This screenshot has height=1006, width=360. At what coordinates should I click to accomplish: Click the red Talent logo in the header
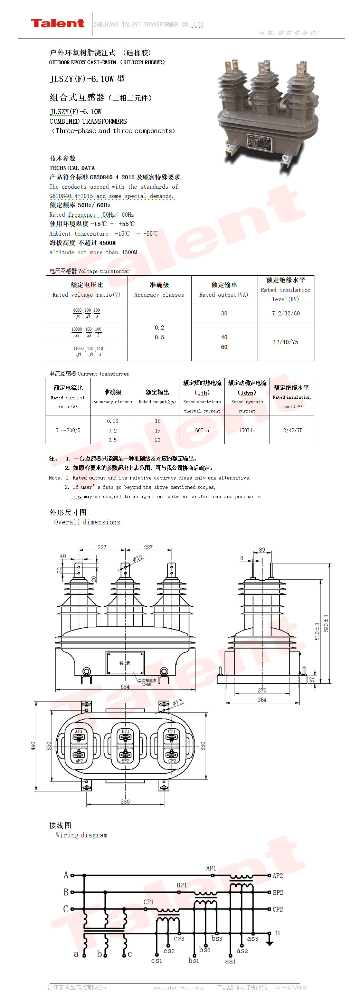point(57,23)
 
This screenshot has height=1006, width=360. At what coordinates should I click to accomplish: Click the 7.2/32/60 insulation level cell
point(285,313)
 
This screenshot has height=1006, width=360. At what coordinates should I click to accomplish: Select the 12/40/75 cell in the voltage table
point(285,342)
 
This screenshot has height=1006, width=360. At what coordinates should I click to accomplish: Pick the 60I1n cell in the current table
point(202,430)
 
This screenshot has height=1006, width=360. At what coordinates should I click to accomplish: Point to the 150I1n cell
point(247,430)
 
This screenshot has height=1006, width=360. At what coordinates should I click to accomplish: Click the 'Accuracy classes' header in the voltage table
point(159,290)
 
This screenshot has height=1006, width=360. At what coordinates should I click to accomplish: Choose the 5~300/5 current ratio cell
point(68,430)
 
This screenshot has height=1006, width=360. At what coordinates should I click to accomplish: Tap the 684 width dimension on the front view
point(125,686)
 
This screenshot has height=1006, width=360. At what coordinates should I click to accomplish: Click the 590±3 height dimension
point(326,623)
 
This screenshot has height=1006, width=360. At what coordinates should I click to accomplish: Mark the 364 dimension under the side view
point(262,700)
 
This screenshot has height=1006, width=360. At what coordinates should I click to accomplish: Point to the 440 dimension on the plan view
point(33,746)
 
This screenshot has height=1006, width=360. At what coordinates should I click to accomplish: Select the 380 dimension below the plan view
point(125,801)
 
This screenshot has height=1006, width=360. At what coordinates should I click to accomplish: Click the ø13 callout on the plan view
point(178,703)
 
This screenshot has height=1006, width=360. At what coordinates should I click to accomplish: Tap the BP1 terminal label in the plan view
point(125,731)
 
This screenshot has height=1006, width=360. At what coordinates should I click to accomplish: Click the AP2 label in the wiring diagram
point(278,875)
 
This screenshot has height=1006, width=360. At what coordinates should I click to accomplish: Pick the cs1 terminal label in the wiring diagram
point(156,960)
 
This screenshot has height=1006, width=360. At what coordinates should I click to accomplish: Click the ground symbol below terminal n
point(269,943)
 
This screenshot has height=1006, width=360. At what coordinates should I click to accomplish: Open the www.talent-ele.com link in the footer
point(178,988)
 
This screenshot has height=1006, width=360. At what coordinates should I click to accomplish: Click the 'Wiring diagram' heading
point(81,835)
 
